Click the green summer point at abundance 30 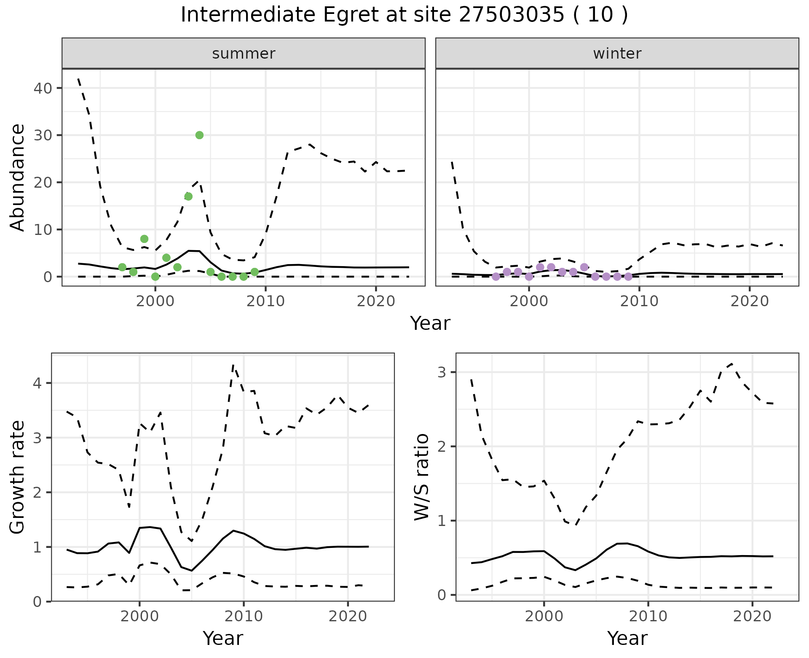tap(199, 135)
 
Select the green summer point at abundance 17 tap(188, 197)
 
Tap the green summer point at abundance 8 tap(144, 239)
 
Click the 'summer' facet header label tap(244, 54)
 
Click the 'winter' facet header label tap(617, 54)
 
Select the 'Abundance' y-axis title tap(18, 177)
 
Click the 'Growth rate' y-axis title tap(18, 477)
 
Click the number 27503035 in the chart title tap(511, 15)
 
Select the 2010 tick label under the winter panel tap(639, 301)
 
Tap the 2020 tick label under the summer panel tap(376, 301)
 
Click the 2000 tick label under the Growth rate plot tap(139, 616)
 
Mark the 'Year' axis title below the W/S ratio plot tap(627, 639)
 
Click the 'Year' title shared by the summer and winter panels tap(430, 324)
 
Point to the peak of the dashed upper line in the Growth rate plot tap(233, 365)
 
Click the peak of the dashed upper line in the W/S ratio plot tap(732, 364)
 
